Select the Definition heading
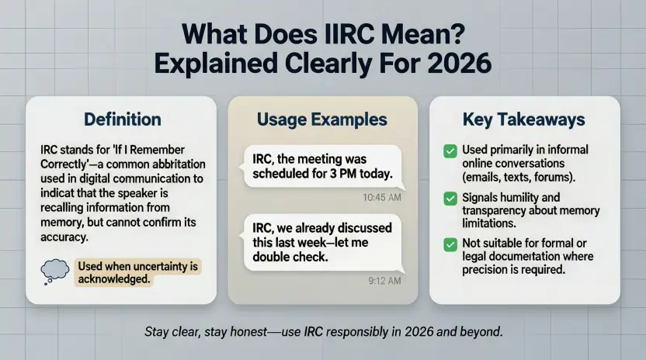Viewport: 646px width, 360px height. (122, 119)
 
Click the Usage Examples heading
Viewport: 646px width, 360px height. (322, 119)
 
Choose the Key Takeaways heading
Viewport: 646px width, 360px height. (524, 119)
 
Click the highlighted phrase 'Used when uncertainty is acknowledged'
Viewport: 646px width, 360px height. (139, 272)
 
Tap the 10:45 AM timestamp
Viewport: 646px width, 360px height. (382, 198)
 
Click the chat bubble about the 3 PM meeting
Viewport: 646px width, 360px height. (322, 167)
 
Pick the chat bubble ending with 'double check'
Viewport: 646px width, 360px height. (322, 243)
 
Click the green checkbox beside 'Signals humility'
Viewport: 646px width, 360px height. (449, 199)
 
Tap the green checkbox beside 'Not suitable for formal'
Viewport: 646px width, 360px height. (449, 244)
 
